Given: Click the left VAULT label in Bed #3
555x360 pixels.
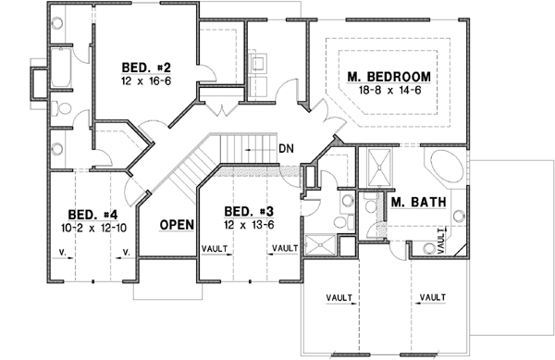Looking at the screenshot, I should click(x=215, y=248).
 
